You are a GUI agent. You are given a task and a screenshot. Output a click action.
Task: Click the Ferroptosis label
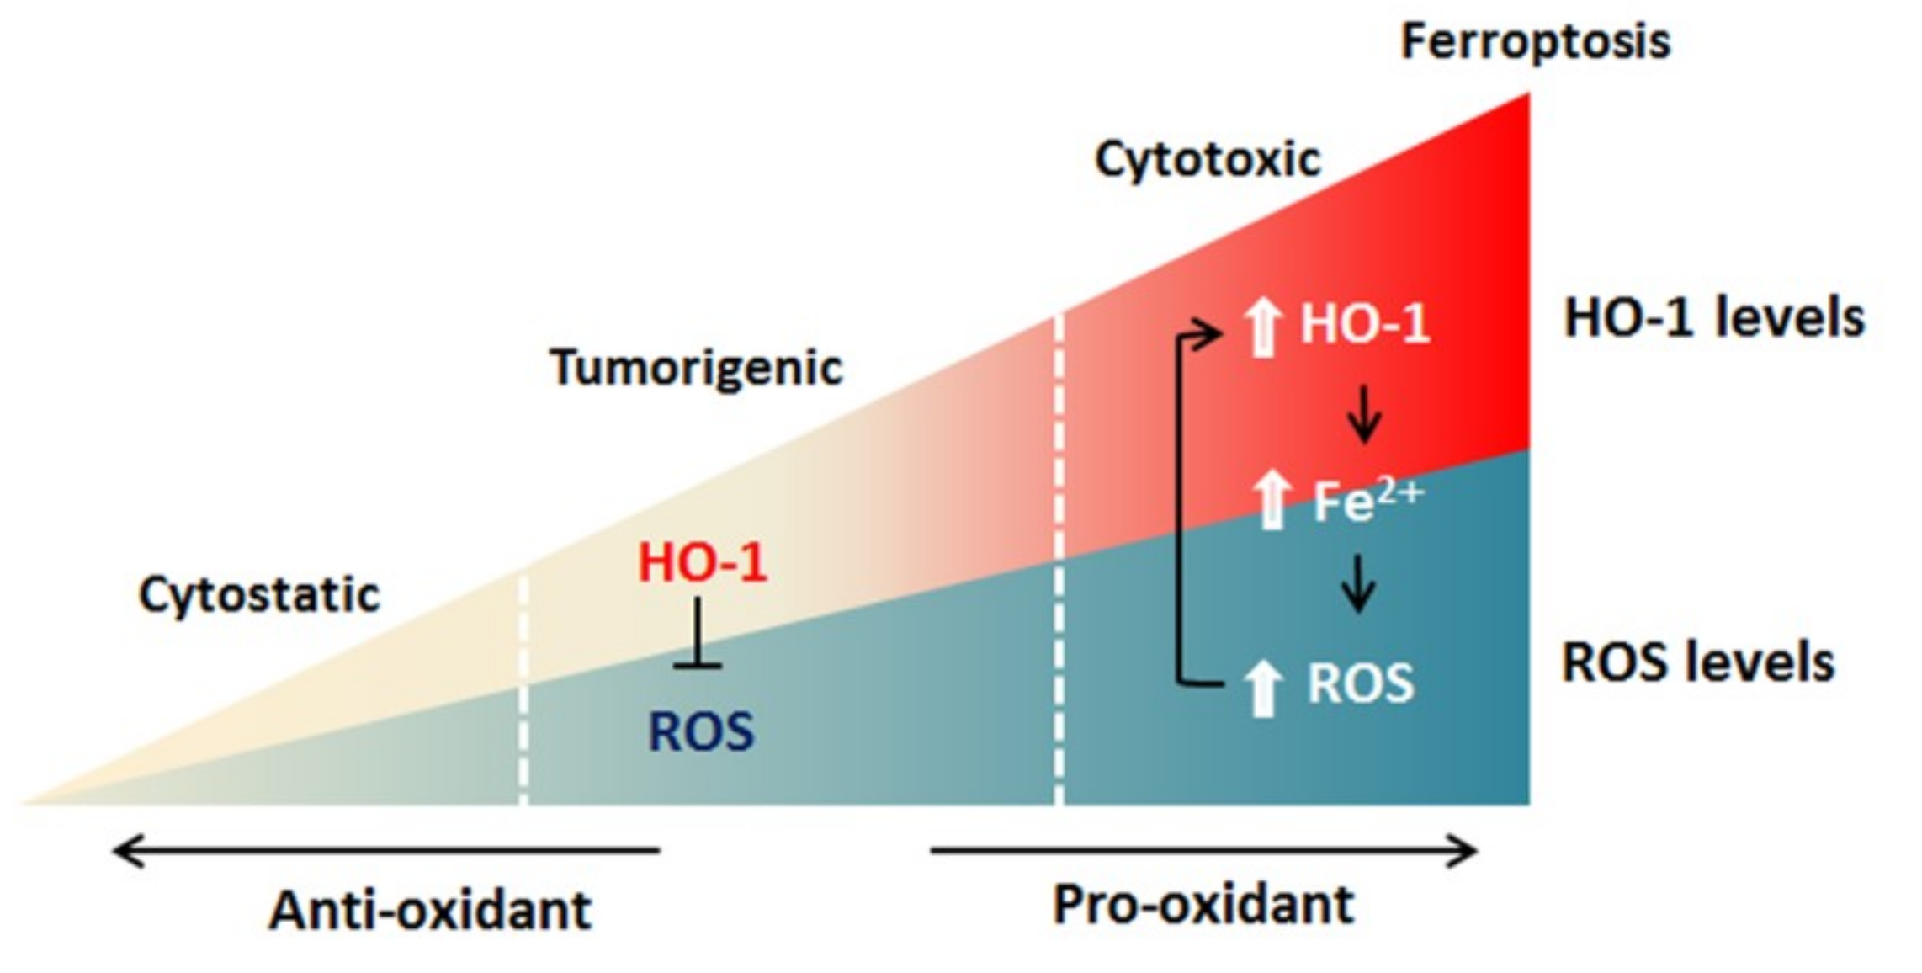(x=1535, y=42)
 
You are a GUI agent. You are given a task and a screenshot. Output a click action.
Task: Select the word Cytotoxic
(x=1208, y=160)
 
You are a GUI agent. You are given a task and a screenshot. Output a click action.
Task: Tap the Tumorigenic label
(x=696, y=368)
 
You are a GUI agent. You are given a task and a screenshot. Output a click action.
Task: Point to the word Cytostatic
(x=259, y=595)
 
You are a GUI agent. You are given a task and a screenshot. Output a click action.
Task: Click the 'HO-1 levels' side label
(x=1714, y=318)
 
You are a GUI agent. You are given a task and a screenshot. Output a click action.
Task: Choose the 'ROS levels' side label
(x=1697, y=662)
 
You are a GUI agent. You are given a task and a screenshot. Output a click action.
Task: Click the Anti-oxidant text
(x=430, y=911)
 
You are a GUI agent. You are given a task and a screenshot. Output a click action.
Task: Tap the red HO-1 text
(x=703, y=562)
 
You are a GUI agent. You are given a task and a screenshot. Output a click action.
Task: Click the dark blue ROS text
(x=701, y=731)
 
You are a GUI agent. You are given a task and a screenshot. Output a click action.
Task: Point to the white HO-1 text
(x=1365, y=323)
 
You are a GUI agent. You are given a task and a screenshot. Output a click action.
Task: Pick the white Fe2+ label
(x=1367, y=501)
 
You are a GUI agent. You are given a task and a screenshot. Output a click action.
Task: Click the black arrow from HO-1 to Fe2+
(x=1363, y=414)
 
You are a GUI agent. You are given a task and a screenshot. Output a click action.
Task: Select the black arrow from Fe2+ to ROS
(x=1358, y=583)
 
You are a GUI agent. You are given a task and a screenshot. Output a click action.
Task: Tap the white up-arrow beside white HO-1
(x=1262, y=328)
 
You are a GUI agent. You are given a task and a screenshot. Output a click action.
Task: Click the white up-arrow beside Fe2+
(x=1272, y=501)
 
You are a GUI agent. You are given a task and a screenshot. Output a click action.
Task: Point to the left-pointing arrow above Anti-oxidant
(x=387, y=851)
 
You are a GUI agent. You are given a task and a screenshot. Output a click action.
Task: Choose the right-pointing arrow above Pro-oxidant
(x=1203, y=851)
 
